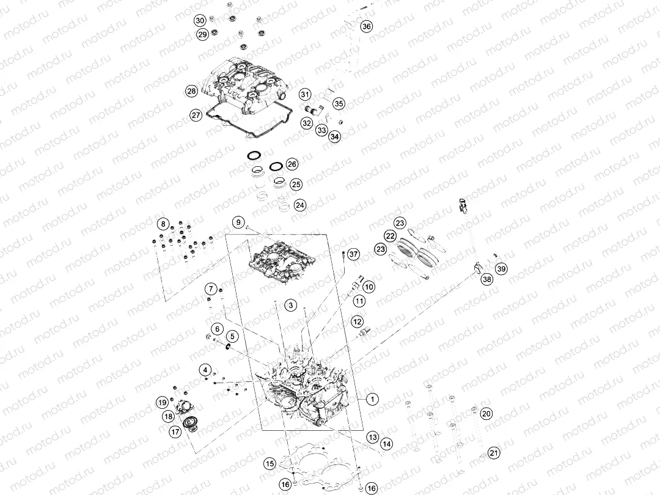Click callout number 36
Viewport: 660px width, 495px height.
click(x=367, y=26)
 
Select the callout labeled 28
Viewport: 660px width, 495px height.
click(x=191, y=91)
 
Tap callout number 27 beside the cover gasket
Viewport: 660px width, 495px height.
click(x=196, y=115)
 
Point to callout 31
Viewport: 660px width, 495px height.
click(x=305, y=94)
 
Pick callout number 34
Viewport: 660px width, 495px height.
click(x=335, y=136)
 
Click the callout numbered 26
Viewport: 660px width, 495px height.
click(x=291, y=164)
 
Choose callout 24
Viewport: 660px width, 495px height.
click(x=300, y=205)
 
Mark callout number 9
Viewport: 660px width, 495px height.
click(x=238, y=222)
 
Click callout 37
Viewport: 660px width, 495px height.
click(x=354, y=254)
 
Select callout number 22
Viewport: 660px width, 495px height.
click(x=391, y=236)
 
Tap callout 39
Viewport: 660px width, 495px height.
click(x=501, y=268)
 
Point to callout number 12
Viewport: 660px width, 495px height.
click(x=357, y=321)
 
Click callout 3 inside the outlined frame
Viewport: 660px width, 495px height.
click(x=291, y=305)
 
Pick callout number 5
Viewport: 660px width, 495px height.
click(x=232, y=336)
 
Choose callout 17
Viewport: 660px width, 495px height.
click(x=175, y=431)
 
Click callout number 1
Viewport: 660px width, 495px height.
click(x=372, y=398)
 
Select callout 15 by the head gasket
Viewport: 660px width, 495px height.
click(x=270, y=464)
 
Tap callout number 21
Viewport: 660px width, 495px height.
click(x=494, y=453)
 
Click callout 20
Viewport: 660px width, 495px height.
click(x=486, y=414)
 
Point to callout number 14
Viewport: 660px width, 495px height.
click(x=386, y=444)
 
